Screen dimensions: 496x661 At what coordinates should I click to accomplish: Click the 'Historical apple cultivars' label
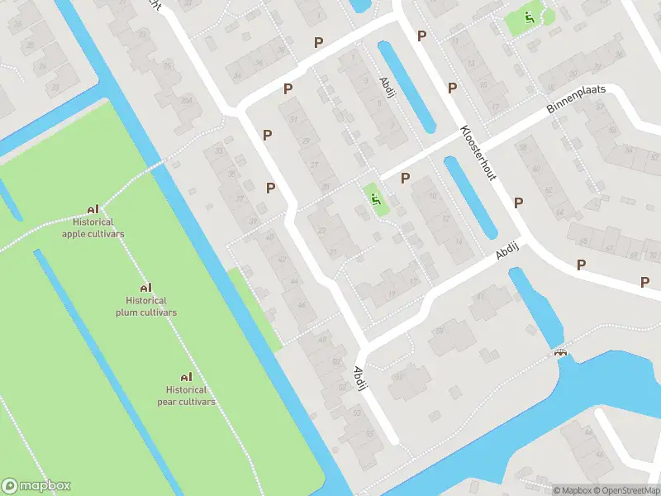pyautogui.click(x=93, y=228)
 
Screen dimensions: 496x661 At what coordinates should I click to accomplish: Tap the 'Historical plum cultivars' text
pyautogui.click(x=146, y=307)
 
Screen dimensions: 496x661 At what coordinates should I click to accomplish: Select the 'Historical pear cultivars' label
pyautogui.click(x=186, y=396)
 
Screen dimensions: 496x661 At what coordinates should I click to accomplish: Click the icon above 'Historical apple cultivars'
pyautogui.click(x=93, y=209)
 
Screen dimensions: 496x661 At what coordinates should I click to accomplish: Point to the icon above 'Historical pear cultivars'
pyautogui.click(x=186, y=377)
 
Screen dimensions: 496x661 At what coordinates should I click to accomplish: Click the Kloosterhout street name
pyautogui.click(x=478, y=154)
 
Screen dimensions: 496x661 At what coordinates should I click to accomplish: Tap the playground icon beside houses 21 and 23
pyautogui.click(x=376, y=198)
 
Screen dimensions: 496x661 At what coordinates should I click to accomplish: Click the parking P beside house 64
pyautogui.click(x=518, y=203)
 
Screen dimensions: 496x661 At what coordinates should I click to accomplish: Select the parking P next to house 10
pyautogui.click(x=405, y=178)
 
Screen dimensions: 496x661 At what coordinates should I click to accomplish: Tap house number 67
pyautogui.click(x=609, y=247)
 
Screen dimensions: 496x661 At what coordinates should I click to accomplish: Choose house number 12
pyautogui.click(x=446, y=219)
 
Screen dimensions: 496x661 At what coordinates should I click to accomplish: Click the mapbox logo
pyautogui.click(x=36, y=486)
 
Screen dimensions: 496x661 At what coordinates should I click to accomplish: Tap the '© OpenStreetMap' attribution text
pyautogui.click(x=627, y=490)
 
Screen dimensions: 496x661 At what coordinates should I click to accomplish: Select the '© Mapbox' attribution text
pyautogui.click(x=573, y=490)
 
